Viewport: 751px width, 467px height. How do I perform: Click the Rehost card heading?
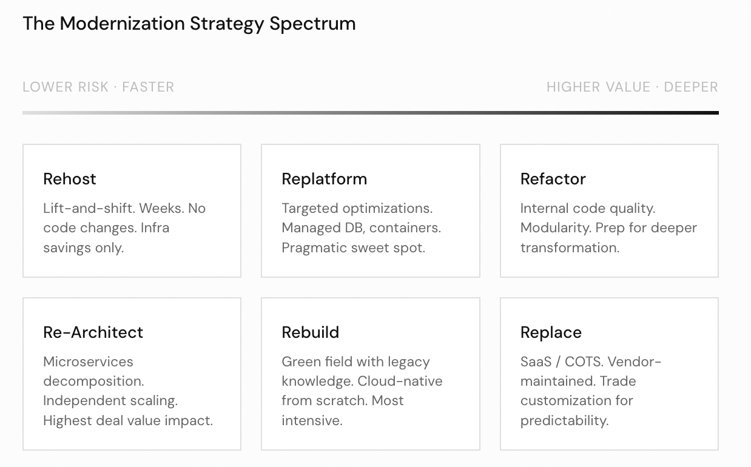pyautogui.click(x=70, y=179)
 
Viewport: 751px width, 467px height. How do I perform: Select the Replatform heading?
pyautogui.click(x=324, y=179)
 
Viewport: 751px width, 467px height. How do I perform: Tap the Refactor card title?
pyautogui.click(x=553, y=179)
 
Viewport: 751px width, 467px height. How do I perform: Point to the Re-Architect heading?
pyautogui.click(x=93, y=332)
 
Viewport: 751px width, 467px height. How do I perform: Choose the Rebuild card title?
pyautogui.click(x=310, y=332)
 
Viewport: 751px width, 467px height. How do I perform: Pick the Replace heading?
pyautogui.click(x=551, y=332)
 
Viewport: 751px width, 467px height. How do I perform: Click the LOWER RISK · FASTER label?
pyautogui.click(x=98, y=87)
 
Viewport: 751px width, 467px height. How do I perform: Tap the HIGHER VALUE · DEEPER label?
pyautogui.click(x=632, y=87)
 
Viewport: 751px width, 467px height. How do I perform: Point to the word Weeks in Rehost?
pyautogui.click(x=161, y=208)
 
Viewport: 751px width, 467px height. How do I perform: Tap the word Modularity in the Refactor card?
pyautogui.click(x=555, y=228)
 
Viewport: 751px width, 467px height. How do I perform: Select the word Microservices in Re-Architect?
pyautogui.click(x=88, y=361)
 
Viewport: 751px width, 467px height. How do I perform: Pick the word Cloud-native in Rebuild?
pyautogui.click(x=400, y=381)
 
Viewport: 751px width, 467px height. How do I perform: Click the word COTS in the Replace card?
pyautogui.click(x=584, y=361)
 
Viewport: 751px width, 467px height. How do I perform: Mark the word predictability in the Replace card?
pyautogui.click(x=564, y=420)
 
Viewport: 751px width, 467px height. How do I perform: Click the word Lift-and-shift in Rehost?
pyautogui.click(x=89, y=208)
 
